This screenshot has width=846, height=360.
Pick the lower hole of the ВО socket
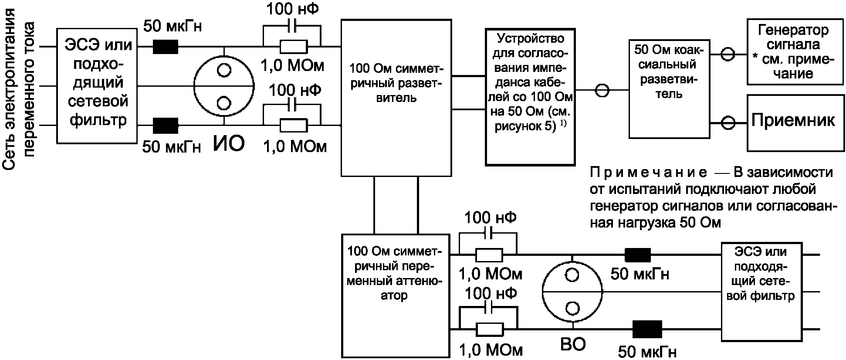pos(572,308)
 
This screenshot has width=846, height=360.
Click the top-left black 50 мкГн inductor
pos(166,46)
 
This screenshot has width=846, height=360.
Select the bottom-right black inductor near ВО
pos(647,329)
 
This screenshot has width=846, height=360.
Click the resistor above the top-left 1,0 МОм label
pos(293,46)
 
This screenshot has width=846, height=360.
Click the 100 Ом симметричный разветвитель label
pos(396,83)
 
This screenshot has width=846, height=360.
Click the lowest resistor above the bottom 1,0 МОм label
pos(489,329)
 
